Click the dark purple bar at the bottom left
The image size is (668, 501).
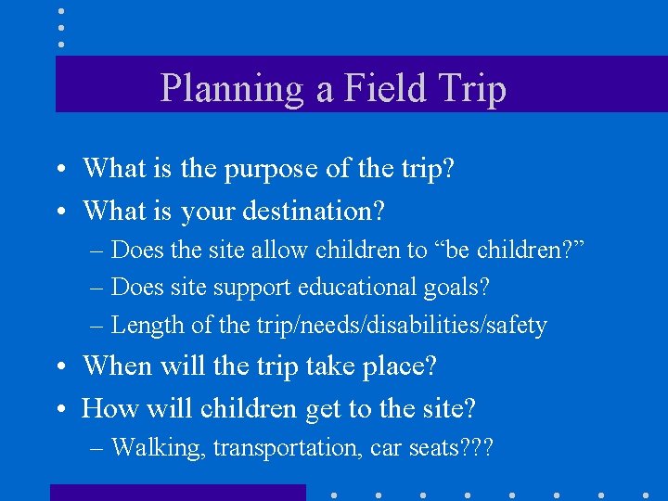(x=177, y=492)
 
